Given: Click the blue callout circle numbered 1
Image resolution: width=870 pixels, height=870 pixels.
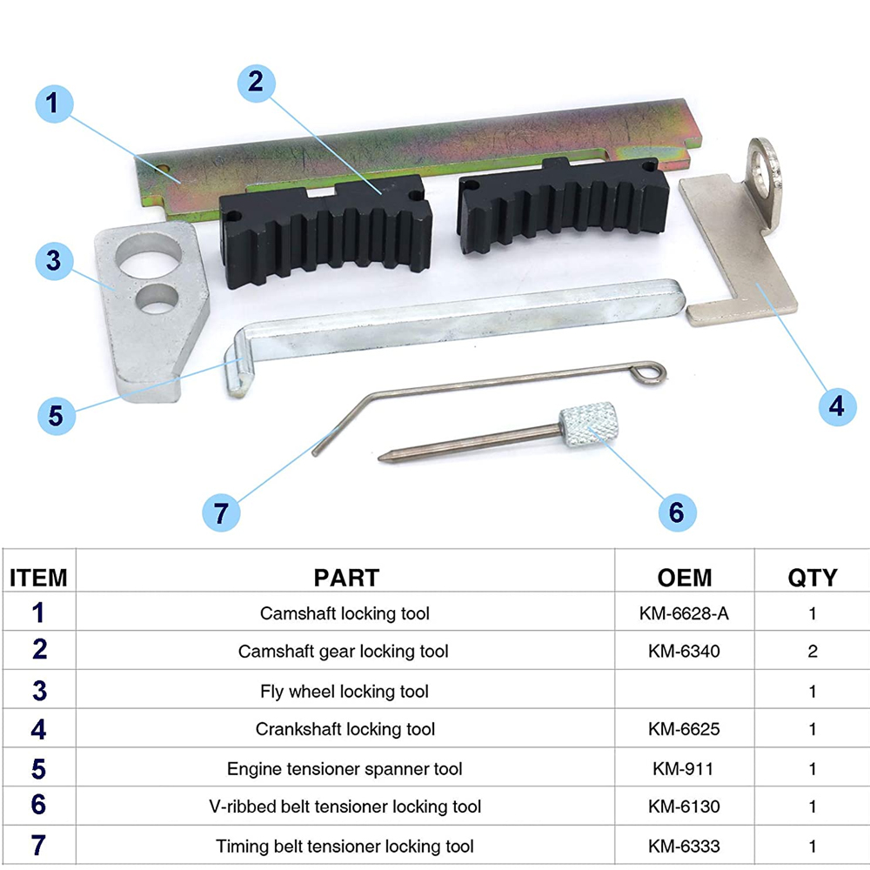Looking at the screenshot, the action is pos(54,104).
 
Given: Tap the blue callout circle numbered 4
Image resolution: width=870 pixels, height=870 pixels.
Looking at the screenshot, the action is pos(837,406).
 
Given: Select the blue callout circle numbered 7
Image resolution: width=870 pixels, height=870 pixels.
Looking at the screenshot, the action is pos(221,512).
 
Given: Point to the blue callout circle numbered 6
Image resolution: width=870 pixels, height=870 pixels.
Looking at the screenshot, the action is pos(677,512).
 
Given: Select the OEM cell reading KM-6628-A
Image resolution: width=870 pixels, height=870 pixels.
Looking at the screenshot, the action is pos(684,613).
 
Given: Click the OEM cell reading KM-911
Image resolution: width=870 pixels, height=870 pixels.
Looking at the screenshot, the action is pos(683,768).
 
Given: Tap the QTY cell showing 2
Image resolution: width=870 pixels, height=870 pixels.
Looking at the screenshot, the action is pos(813,651).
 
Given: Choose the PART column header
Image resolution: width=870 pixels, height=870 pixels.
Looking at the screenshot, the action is pos(346,578).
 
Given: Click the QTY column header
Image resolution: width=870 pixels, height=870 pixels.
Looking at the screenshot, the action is pos(813,578).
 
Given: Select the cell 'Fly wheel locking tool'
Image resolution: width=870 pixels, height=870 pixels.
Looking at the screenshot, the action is pos(345,692).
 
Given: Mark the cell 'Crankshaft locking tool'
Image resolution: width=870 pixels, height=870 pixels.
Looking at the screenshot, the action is pos(345,729).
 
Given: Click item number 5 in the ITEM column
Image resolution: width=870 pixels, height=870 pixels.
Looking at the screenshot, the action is pos(38,769).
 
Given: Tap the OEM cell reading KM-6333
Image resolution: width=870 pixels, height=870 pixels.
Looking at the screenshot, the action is pos(684,847).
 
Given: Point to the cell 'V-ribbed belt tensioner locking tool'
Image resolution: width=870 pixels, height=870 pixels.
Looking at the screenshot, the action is pos(345,806).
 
